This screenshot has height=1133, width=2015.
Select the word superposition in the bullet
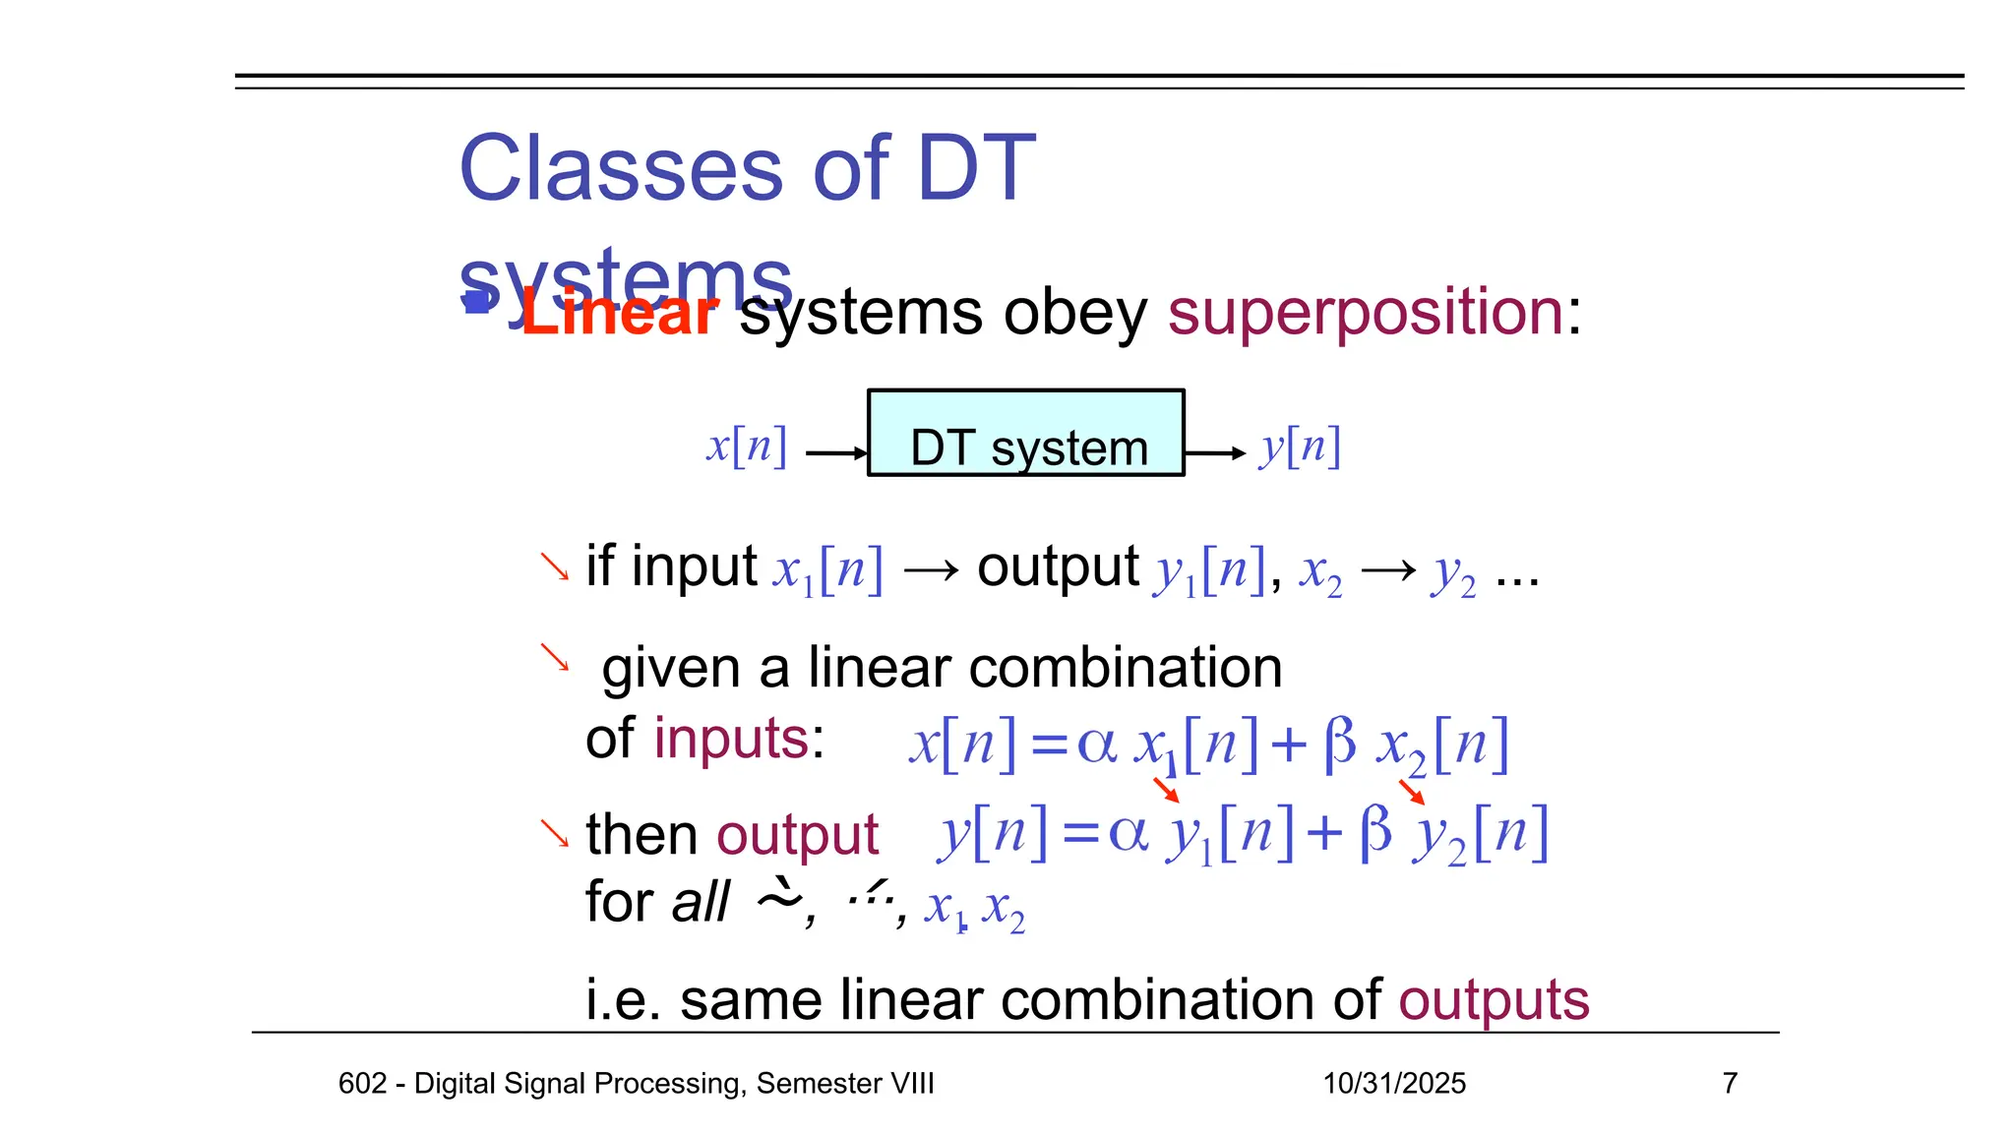1366,313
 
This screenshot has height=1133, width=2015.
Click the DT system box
1026,434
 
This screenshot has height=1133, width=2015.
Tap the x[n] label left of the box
747,447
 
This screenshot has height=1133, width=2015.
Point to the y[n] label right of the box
1300,447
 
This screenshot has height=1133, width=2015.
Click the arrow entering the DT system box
836,453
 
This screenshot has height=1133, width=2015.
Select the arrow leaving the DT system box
1215,453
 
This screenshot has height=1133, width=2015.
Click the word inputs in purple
731,739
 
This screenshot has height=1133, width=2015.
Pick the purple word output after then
797,836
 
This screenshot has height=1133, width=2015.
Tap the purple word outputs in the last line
1494,1000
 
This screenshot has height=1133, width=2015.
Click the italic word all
700,903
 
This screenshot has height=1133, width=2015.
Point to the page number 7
1730,1083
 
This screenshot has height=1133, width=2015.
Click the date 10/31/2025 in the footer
1394,1083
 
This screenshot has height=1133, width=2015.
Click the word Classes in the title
621,169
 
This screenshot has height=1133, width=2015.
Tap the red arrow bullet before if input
555,567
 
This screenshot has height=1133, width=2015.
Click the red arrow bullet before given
555,657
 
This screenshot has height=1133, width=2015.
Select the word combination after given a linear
1126,669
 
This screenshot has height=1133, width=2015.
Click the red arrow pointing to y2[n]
1412,792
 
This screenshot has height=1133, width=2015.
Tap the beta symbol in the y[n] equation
1376,831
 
